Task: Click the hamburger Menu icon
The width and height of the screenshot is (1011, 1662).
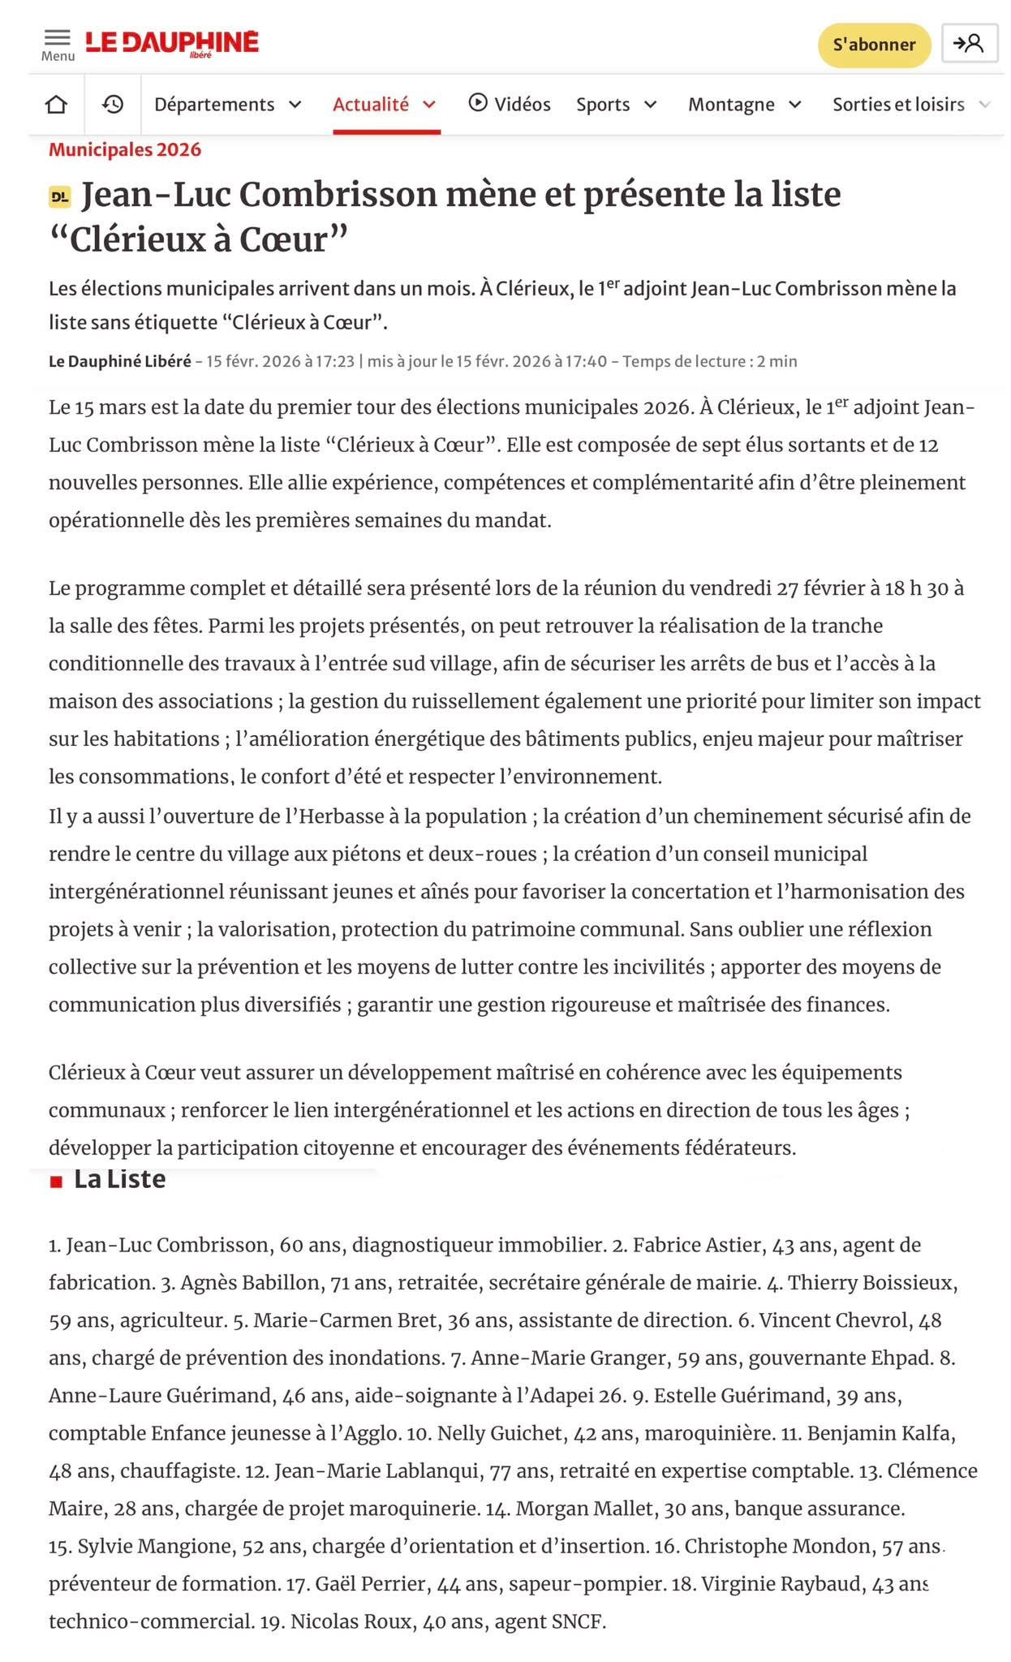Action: [x=57, y=39]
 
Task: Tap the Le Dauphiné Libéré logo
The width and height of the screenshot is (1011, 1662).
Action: [x=172, y=42]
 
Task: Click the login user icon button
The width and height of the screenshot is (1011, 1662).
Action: [x=969, y=44]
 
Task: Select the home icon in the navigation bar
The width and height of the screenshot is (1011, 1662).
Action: [x=56, y=105]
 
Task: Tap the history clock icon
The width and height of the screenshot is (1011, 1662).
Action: [x=113, y=105]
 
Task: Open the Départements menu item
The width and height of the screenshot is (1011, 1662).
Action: [x=227, y=105]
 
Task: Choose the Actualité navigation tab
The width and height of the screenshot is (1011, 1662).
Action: [x=385, y=105]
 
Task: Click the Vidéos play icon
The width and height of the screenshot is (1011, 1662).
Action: [x=478, y=103]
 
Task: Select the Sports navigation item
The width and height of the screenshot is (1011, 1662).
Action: [x=616, y=105]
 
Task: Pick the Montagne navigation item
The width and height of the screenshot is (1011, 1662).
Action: [x=744, y=105]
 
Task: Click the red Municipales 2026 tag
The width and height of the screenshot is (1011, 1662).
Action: [x=125, y=149]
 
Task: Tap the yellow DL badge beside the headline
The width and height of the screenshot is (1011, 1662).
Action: [x=60, y=196]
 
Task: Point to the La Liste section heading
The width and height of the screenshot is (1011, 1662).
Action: [x=119, y=1179]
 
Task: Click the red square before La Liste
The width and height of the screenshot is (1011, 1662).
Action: [x=56, y=1182]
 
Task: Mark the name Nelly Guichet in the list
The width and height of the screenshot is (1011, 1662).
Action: [x=500, y=1433]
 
